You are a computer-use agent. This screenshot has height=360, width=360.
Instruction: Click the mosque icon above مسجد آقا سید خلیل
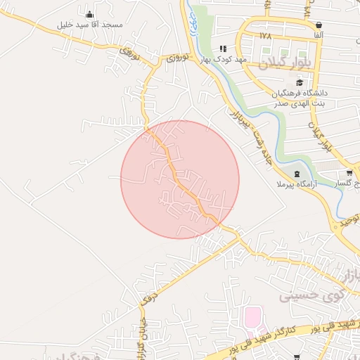coord(89,14)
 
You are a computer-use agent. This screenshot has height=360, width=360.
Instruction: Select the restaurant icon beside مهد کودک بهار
coord(223,49)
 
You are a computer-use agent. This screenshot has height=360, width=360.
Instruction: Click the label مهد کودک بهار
coord(226,60)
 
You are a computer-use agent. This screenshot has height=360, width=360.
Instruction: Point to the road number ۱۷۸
coord(264,35)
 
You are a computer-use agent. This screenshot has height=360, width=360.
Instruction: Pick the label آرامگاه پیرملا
coord(297,184)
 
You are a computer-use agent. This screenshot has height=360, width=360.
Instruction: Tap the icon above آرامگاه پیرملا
coord(297,173)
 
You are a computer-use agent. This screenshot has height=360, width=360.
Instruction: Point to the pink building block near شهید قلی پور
coord(251,317)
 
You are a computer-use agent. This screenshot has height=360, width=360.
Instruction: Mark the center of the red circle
coord(180,180)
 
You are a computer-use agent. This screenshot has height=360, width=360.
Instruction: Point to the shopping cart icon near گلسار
coord(349,173)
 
